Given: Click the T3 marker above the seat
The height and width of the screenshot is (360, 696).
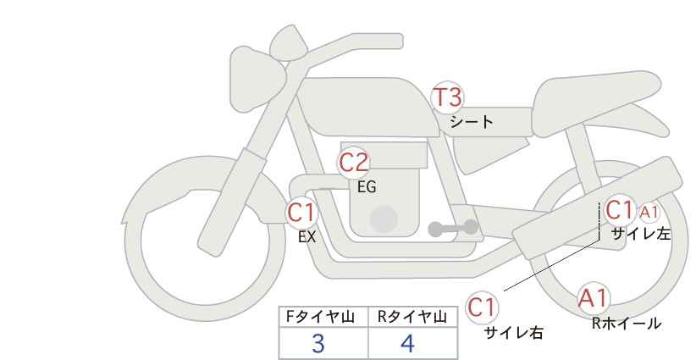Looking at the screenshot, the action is pos(447,97).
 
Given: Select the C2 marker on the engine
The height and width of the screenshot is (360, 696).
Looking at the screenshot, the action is pos(354,163).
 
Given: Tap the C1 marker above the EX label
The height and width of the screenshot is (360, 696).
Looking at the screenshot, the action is pos(301,212).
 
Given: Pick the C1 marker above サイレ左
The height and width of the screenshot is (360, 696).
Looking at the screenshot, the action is pos(619,210).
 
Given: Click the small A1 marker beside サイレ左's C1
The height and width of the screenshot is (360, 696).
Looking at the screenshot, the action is pos(649,213).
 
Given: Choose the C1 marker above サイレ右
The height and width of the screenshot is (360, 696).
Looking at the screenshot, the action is pos(482,307).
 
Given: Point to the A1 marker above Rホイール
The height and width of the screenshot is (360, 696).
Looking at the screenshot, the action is pos(593,298).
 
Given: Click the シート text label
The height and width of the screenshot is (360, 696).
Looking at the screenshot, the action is pos(472,122).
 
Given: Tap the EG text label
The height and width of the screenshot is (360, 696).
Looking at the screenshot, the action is pos(367,187).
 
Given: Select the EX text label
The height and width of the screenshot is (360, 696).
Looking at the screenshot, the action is pos(307,237).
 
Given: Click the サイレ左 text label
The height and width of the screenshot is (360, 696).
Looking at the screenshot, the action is pos(641,234).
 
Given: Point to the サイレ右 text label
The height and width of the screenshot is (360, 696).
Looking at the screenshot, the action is pos(514,333).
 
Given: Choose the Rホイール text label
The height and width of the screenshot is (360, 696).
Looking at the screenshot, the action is pos(627,324).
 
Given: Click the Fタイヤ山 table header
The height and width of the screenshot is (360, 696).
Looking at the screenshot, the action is pos(320,317).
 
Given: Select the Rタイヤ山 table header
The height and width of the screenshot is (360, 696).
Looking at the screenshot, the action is pos(412,317).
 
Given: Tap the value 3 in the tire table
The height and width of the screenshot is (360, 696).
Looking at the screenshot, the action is pos(318,343).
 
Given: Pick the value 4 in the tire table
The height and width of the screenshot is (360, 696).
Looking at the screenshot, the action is pos(407,343).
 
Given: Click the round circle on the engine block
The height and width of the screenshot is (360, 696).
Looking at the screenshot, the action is pos(384,219).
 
